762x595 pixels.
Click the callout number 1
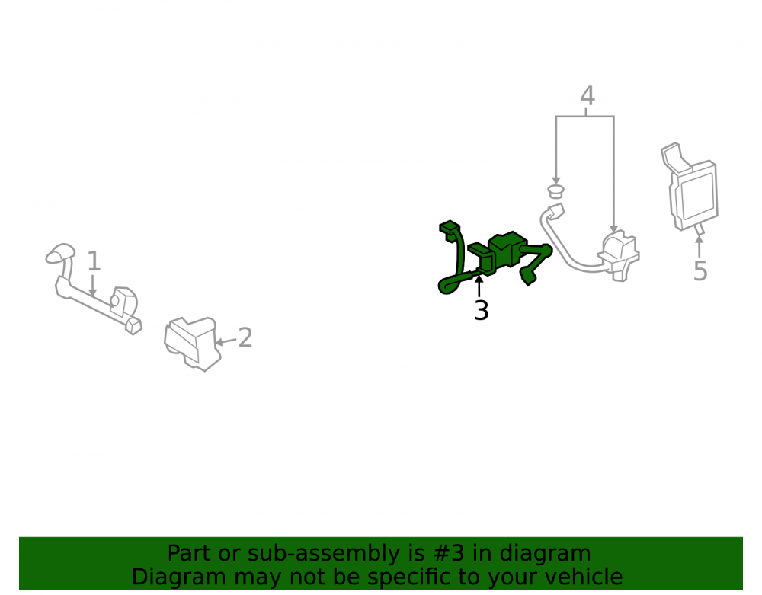(94, 261)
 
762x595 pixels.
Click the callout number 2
(245, 337)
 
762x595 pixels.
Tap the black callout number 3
(481, 311)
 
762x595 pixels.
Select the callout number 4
(587, 96)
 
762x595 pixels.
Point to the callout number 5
(700, 271)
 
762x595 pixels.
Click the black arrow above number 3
(479, 286)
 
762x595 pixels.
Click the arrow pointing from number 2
(226, 341)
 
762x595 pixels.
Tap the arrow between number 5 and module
(700, 246)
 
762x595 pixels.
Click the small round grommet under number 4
(555, 191)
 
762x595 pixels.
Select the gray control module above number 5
(690, 187)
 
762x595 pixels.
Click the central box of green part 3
(507, 249)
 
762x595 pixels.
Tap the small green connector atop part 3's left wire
(450, 229)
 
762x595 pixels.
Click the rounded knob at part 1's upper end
(60, 253)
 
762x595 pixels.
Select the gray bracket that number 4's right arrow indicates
(619, 255)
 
